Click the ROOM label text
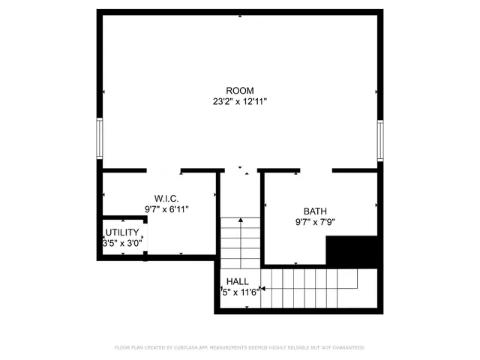click(x=240, y=91)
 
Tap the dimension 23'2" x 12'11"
click(x=240, y=102)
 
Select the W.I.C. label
click(x=166, y=199)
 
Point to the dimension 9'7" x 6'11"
click(x=166, y=209)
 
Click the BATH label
click(x=316, y=211)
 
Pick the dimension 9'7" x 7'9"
click(x=316, y=222)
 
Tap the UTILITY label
click(x=121, y=232)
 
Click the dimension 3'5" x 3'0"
click(x=121, y=243)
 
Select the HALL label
click(x=238, y=281)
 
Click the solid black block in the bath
click(x=353, y=250)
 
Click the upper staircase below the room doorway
click(x=240, y=240)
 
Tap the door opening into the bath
click(x=316, y=171)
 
